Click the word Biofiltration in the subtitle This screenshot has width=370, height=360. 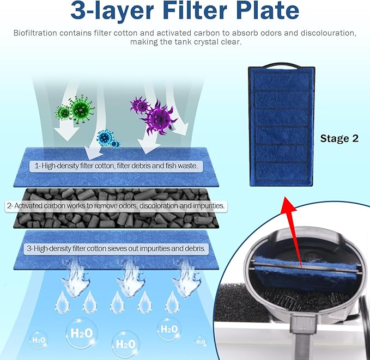click(36, 33)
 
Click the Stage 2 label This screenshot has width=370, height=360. click(339, 138)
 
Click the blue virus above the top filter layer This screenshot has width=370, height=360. click(106, 138)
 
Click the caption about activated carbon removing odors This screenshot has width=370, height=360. click(116, 206)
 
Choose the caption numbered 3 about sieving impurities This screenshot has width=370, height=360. click(116, 248)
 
